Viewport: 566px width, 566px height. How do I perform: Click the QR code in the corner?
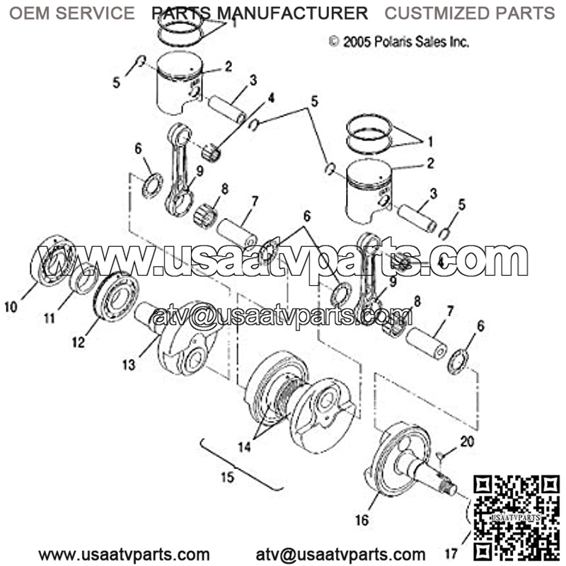pos(516,517)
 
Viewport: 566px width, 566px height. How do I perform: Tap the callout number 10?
pos(11,307)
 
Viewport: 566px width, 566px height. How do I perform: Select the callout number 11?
pos(49,318)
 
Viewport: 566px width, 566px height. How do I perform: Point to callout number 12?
pos(79,342)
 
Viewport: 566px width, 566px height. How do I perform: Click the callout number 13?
pos(129,364)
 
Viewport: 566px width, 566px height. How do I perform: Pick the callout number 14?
pos(244,447)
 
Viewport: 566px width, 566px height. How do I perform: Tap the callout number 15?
pos(228,477)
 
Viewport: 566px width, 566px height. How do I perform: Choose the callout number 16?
pos(362,520)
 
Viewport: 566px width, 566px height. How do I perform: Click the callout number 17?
pos(451,553)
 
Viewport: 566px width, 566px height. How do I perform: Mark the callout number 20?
pos(467,441)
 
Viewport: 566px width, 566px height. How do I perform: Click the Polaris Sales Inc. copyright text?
pos(399,42)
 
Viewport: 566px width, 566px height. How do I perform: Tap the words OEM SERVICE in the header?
pos(72,13)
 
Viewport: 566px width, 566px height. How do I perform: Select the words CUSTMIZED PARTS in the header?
pos(470,13)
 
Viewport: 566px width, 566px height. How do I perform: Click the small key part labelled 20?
pos(439,455)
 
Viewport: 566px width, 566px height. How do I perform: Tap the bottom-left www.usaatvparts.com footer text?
pos(124,554)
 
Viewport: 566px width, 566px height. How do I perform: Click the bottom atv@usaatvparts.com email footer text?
pos(340,554)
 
